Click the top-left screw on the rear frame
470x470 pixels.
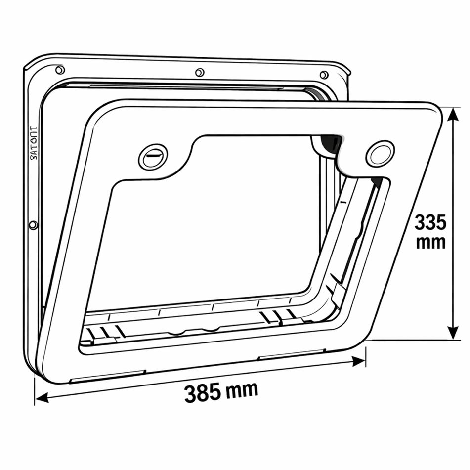60,70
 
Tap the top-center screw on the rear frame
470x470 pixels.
200,72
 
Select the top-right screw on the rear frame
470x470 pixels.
324,75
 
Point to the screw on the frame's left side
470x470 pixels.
33,225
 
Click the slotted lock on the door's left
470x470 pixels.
153,157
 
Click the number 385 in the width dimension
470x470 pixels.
202,393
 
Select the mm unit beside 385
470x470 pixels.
242,389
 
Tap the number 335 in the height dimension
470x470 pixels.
430,223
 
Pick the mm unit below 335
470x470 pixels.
430,243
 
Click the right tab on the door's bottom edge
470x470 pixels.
291,355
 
